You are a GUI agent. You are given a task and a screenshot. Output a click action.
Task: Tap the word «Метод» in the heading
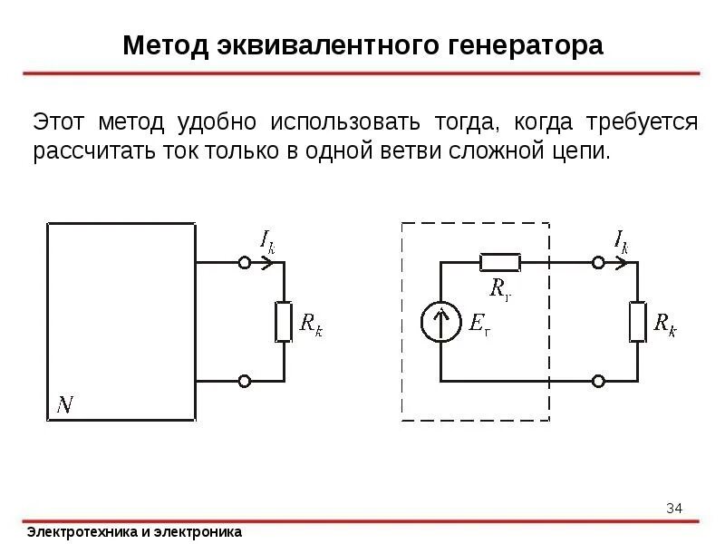[165, 45]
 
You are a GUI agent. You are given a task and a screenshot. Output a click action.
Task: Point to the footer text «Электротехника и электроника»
[134, 532]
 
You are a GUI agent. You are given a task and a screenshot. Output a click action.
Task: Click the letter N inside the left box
[66, 404]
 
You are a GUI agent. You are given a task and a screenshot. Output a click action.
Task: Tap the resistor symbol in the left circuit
[284, 322]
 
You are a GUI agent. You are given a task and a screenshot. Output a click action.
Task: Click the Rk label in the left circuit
[311, 324]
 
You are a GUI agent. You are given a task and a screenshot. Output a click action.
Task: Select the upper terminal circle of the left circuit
[244, 263]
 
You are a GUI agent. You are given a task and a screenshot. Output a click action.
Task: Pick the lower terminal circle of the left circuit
[244, 383]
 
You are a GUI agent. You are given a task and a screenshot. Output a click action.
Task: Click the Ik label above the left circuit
[266, 241]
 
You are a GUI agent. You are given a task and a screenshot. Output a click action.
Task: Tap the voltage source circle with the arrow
[440, 323]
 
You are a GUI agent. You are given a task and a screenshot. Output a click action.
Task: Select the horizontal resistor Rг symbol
[499, 263]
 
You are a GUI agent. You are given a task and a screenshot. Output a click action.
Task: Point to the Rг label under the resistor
[500, 289]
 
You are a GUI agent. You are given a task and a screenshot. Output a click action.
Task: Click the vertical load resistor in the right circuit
[638, 322]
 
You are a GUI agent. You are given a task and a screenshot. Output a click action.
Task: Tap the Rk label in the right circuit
[665, 324]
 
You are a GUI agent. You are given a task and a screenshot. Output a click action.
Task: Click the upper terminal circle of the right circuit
[598, 263]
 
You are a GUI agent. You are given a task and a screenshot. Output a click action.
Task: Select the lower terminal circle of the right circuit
[598, 383]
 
